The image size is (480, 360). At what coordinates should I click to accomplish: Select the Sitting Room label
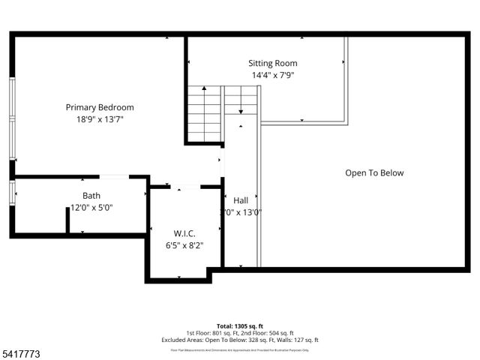point(273,64)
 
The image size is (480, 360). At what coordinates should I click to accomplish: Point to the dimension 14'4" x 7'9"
point(273,75)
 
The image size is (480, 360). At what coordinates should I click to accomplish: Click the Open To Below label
point(374,173)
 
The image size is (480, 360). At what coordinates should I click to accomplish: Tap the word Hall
point(241,200)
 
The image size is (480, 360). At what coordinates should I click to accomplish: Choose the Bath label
point(91,196)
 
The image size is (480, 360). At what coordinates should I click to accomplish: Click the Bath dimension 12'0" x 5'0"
point(91,208)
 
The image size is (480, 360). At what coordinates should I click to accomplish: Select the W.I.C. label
point(184,232)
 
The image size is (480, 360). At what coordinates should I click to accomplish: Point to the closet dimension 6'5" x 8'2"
point(184,244)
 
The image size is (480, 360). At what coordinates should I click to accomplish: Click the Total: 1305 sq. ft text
point(240,326)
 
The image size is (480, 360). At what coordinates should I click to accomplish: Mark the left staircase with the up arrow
point(204,114)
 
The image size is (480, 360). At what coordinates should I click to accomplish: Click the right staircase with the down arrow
point(241,100)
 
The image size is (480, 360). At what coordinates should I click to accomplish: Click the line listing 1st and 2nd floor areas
point(240,333)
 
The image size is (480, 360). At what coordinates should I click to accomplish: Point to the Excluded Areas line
point(240,340)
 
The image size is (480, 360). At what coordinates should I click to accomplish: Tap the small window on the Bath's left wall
point(12,193)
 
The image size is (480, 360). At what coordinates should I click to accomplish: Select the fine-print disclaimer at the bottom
point(240,349)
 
